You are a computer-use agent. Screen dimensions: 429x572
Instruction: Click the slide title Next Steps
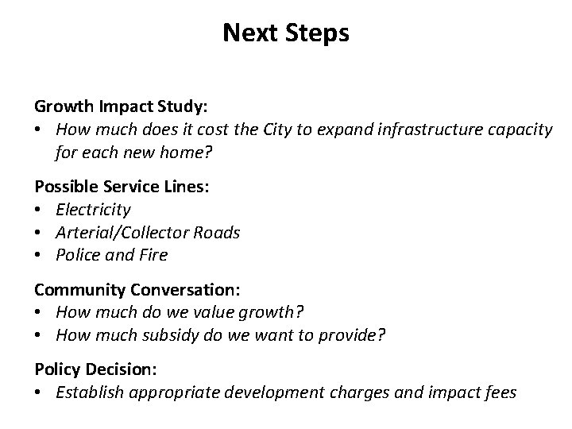point(286,33)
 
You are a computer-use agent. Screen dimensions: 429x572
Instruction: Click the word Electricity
point(94,210)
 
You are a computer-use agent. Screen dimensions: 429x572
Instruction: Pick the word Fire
point(154,255)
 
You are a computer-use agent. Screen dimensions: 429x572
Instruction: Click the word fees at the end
point(500,392)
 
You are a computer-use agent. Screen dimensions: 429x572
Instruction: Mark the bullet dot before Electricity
point(38,211)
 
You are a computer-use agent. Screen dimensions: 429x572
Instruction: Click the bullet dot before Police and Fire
point(38,256)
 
